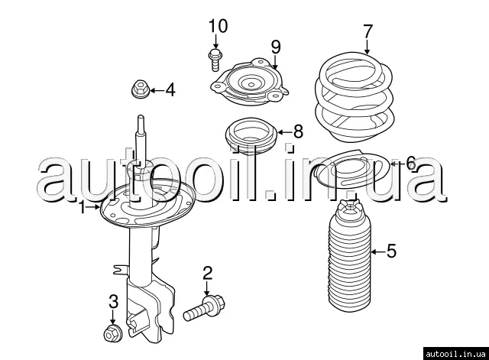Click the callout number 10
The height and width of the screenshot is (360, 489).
pyautogui.click(x=218, y=26)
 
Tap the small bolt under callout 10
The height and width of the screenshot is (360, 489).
pyautogui.click(x=215, y=60)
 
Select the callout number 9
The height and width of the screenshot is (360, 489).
pyautogui.click(x=276, y=47)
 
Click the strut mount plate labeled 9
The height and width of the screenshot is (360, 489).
pyautogui.click(x=250, y=82)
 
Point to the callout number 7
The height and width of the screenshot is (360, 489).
pyautogui.click(x=368, y=31)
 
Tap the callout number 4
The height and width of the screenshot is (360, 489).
pyautogui.click(x=170, y=90)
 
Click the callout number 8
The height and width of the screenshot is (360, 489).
pyautogui.click(x=299, y=131)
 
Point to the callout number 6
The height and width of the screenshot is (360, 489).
pyautogui.click(x=411, y=163)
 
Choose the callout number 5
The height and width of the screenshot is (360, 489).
pyautogui.click(x=391, y=251)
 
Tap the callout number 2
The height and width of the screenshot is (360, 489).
pyautogui.click(x=207, y=273)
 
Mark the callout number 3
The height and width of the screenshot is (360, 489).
pyautogui.click(x=114, y=302)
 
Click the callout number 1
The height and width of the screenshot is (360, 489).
pyautogui.click(x=83, y=207)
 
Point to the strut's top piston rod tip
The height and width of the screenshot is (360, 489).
pyautogui.click(x=141, y=117)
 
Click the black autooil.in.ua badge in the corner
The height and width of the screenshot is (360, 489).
pyautogui.click(x=456, y=354)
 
